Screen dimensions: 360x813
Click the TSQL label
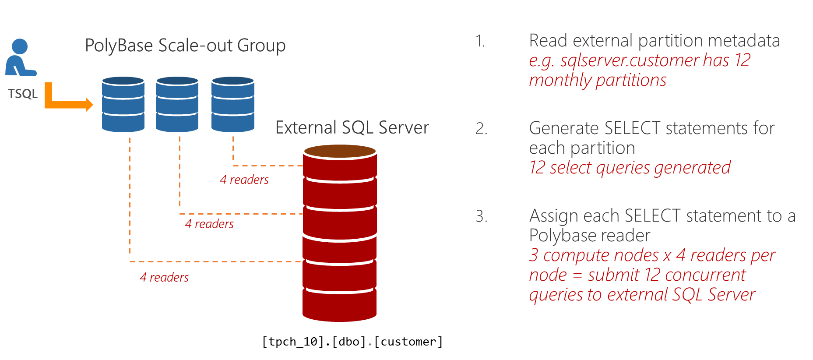23,94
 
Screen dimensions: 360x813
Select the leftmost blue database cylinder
123,105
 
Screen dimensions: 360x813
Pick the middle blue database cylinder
177,105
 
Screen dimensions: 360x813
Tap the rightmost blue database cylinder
232,105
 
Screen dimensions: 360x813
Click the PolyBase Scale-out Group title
185,46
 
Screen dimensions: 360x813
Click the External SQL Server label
352,127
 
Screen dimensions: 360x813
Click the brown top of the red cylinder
340,151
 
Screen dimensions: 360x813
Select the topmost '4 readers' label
244,180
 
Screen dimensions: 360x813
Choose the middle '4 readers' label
209,224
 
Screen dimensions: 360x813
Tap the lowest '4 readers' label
164,277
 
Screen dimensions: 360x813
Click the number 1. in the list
480,41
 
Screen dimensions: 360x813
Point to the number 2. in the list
481,129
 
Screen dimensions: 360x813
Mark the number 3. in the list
481,216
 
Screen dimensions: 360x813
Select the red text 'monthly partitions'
598,80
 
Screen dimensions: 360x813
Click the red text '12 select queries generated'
630,168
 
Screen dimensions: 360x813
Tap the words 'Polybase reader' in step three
589,236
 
